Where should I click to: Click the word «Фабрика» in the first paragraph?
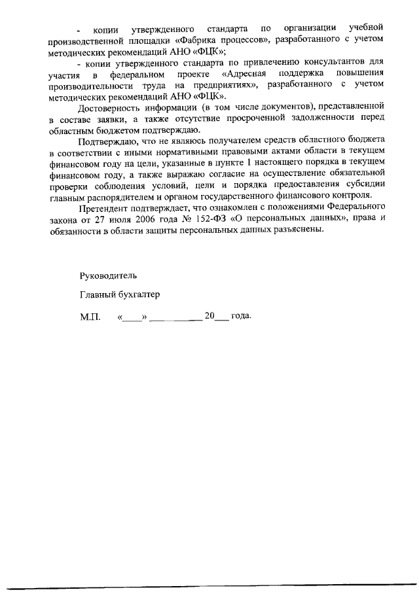coord(197,39)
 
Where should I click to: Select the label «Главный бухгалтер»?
coord(120,295)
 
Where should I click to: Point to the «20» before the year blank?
coord(209,316)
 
